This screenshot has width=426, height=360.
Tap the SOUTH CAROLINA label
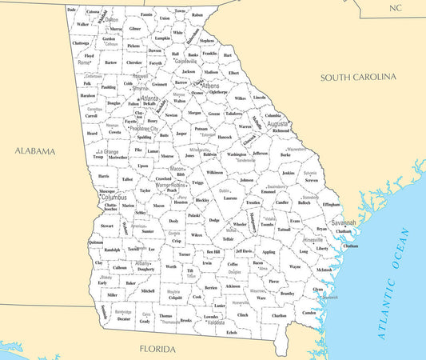click(x=358, y=77)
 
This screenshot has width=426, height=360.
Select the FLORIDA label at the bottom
click(x=157, y=349)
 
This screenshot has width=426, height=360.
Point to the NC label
click(x=395, y=7)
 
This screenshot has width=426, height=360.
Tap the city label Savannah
click(x=344, y=222)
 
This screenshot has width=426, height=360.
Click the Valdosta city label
click(x=215, y=322)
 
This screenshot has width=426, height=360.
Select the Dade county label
click(x=72, y=10)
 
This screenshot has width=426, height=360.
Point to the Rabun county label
click(x=197, y=14)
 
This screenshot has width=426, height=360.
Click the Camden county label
click(x=309, y=313)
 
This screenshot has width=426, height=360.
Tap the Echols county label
click(x=232, y=332)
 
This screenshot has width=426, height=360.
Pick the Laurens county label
click(x=229, y=198)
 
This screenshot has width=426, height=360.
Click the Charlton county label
click(x=279, y=315)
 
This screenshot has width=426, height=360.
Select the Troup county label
click(x=98, y=157)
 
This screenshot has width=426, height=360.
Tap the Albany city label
click(x=143, y=262)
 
